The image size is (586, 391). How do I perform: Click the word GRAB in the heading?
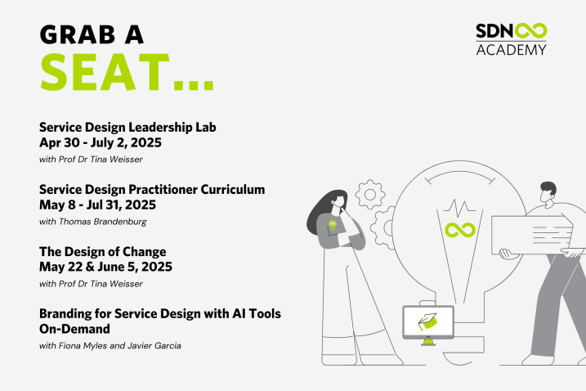(x=78, y=35)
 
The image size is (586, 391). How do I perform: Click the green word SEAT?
(x=105, y=72)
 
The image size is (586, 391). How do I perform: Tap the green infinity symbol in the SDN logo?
(x=530, y=31)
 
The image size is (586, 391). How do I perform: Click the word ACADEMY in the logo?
(x=512, y=49)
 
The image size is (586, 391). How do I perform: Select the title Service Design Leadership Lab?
(x=127, y=128)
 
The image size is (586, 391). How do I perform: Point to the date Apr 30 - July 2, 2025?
(x=101, y=142)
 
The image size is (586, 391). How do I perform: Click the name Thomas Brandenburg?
(x=102, y=222)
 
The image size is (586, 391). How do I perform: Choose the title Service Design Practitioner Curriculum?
(x=152, y=189)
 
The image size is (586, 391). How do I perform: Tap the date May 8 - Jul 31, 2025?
(x=97, y=204)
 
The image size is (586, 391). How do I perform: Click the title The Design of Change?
(x=103, y=252)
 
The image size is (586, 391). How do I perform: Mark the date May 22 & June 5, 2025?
(x=105, y=267)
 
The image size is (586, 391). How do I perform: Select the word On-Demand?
(x=74, y=329)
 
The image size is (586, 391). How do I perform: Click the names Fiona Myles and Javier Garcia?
(x=119, y=345)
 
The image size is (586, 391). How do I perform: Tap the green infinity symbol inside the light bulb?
(x=460, y=230)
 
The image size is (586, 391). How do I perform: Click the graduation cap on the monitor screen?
(x=427, y=321)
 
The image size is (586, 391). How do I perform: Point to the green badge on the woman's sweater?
(x=333, y=225)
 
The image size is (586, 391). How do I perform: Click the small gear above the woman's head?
(x=370, y=195)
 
